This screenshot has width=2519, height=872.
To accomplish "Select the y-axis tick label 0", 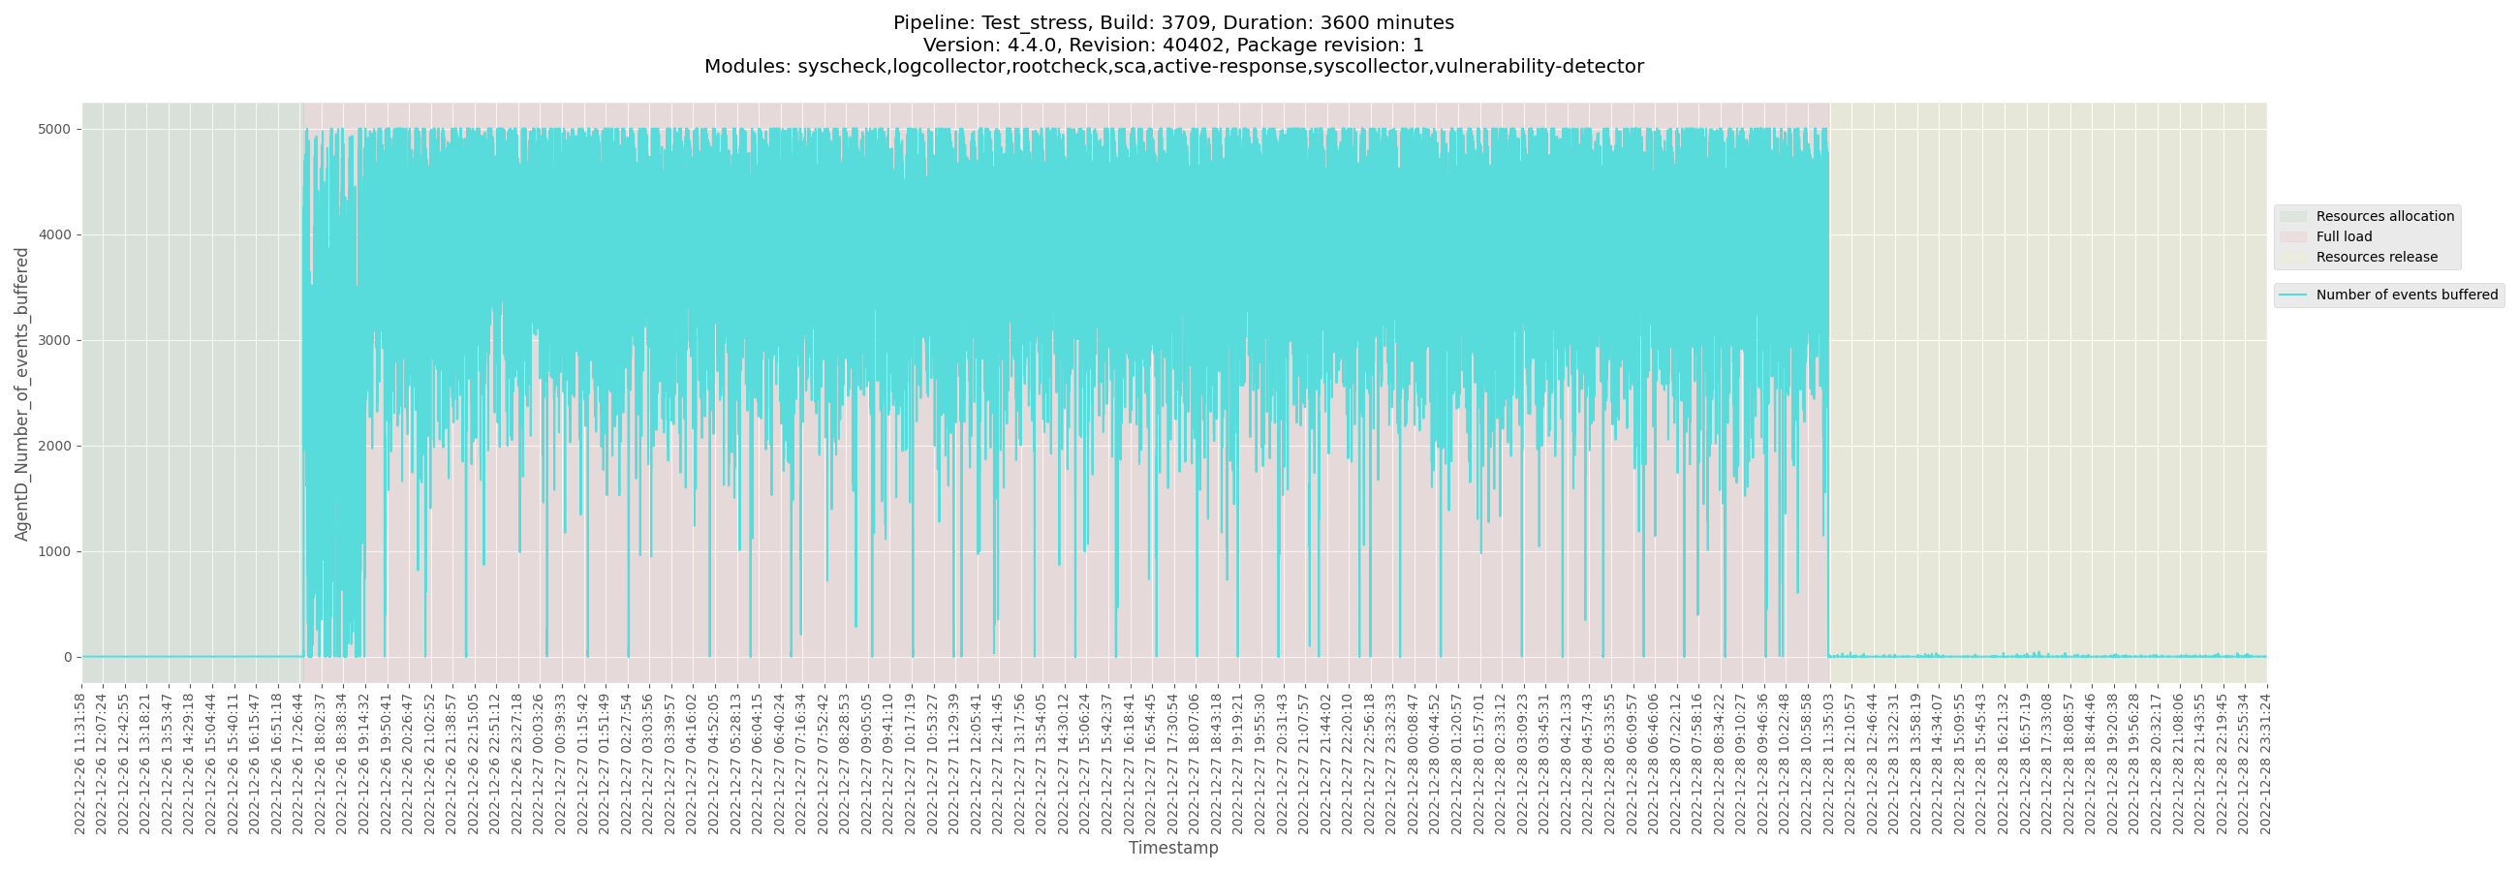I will pyautogui.click(x=68, y=657).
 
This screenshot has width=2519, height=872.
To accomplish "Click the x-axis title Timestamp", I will pyautogui.click(x=1173, y=848).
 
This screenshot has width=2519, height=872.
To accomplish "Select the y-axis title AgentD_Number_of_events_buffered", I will pyautogui.click(x=21, y=393).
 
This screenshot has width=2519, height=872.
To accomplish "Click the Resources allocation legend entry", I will pyautogui.click(x=2384, y=216).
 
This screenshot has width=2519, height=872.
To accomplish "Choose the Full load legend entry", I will pyautogui.click(x=2343, y=236).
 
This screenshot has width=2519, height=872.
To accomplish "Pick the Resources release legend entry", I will pyautogui.click(x=2377, y=257).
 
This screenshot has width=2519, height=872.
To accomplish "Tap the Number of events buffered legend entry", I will pyautogui.click(x=2406, y=295).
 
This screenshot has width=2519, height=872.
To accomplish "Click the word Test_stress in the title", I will pyautogui.click(x=1035, y=22).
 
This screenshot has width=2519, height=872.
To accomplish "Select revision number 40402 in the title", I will pyautogui.click(x=1191, y=45).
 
